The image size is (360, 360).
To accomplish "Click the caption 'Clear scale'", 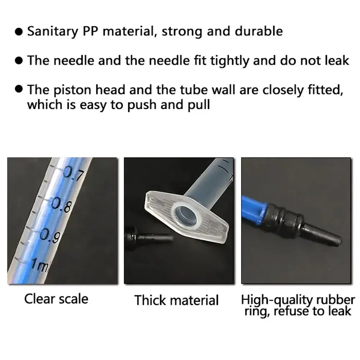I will [x=56, y=299].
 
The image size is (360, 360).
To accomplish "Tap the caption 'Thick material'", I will [x=176, y=300].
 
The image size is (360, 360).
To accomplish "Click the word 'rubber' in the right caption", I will [x=337, y=299].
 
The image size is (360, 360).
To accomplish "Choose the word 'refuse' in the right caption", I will [x=291, y=311].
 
